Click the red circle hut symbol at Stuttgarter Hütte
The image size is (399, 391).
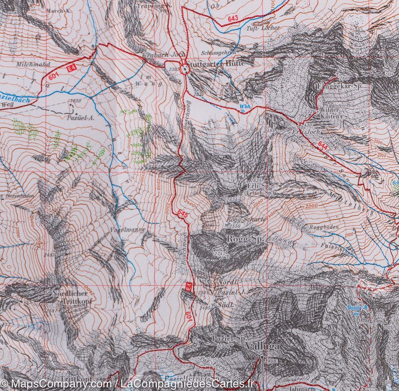click(184, 69)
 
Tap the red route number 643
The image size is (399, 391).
click(233, 20)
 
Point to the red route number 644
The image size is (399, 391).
click(322, 145)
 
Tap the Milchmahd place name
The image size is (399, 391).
click(32, 64)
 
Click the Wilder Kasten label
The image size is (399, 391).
click(329, 113)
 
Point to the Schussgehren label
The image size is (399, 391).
click(218, 52)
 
